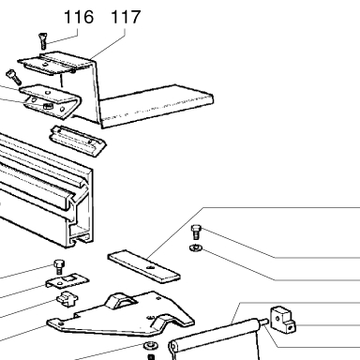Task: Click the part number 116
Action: [x=79, y=17]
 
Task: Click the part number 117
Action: [x=126, y=17]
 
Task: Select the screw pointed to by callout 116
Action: [x=42, y=41]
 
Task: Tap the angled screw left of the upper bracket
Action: [x=13, y=77]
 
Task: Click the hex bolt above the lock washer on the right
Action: [x=196, y=232]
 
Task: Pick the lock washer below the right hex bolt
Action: [x=196, y=248]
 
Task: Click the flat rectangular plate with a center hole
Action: [x=143, y=266]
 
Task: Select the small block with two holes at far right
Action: [x=282, y=319]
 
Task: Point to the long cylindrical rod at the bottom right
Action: [x=216, y=335]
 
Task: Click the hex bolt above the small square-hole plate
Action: [x=58, y=266]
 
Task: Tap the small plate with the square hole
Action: [x=67, y=280]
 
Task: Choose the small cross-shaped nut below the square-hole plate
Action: [x=67, y=299]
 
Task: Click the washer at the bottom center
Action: [x=150, y=346]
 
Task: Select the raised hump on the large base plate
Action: [x=120, y=301]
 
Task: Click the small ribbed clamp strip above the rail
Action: [x=78, y=141]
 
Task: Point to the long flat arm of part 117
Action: [x=157, y=106]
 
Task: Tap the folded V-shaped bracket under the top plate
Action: [x=52, y=101]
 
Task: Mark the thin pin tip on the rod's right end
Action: [x=264, y=322]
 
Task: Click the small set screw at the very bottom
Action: [x=151, y=357]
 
